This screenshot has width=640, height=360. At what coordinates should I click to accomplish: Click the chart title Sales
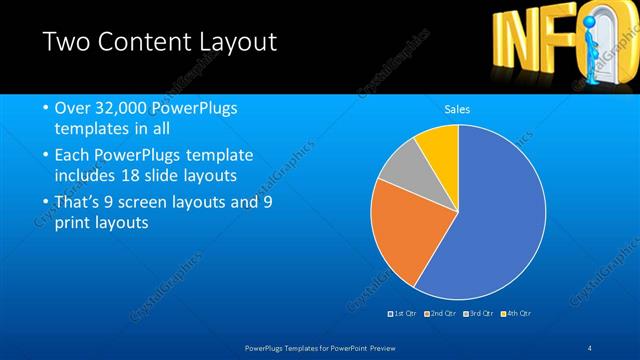coord(457,109)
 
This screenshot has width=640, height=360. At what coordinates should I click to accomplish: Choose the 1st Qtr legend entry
coord(403,313)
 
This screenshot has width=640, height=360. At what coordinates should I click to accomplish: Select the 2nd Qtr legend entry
coord(441,313)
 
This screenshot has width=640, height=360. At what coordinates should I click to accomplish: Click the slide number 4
coord(590,347)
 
